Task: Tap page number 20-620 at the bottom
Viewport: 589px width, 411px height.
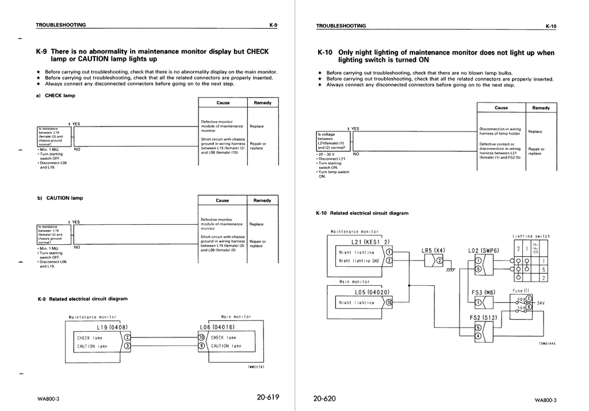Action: (x=324, y=398)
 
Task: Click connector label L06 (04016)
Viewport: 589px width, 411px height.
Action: (x=216, y=328)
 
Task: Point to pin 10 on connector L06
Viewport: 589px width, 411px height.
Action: (x=201, y=337)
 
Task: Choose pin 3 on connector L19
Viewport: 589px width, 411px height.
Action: (x=127, y=346)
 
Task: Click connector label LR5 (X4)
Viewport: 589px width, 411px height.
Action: (x=433, y=251)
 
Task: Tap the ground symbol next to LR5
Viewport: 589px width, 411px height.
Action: (x=450, y=270)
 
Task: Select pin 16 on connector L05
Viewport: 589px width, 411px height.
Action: (x=389, y=302)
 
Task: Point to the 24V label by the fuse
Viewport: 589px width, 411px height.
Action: (x=540, y=302)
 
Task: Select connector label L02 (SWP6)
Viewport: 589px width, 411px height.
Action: (x=483, y=251)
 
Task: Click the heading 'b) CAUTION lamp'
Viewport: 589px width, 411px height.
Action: (x=60, y=198)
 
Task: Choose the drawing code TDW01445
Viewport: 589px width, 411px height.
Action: (x=546, y=343)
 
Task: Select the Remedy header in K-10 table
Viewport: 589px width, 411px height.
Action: (x=541, y=107)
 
